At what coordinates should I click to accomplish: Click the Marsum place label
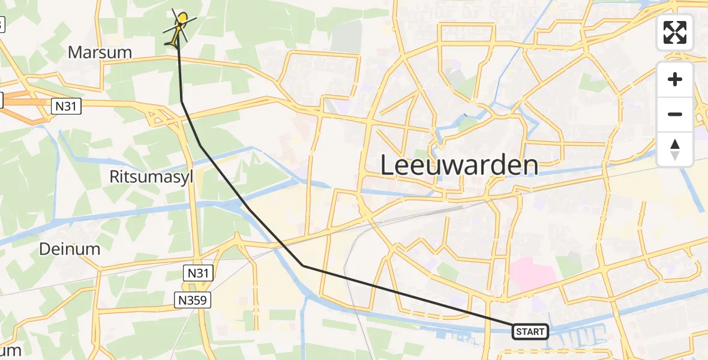(100, 52)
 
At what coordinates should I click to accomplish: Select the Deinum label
(69, 248)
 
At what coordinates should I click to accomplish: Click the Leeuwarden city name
(459, 165)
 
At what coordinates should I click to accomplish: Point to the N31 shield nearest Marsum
(66, 106)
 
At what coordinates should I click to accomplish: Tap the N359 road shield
(193, 300)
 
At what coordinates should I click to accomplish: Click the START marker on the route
(530, 332)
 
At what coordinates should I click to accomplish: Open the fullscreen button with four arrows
(675, 32)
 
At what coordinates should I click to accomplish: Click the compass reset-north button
(675, 149)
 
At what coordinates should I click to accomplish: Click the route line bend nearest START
(304, 265)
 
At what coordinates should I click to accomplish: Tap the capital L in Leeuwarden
(387, 166)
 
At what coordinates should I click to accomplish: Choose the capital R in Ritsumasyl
(115, 176)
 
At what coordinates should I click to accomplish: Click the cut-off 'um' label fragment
(11, 350)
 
